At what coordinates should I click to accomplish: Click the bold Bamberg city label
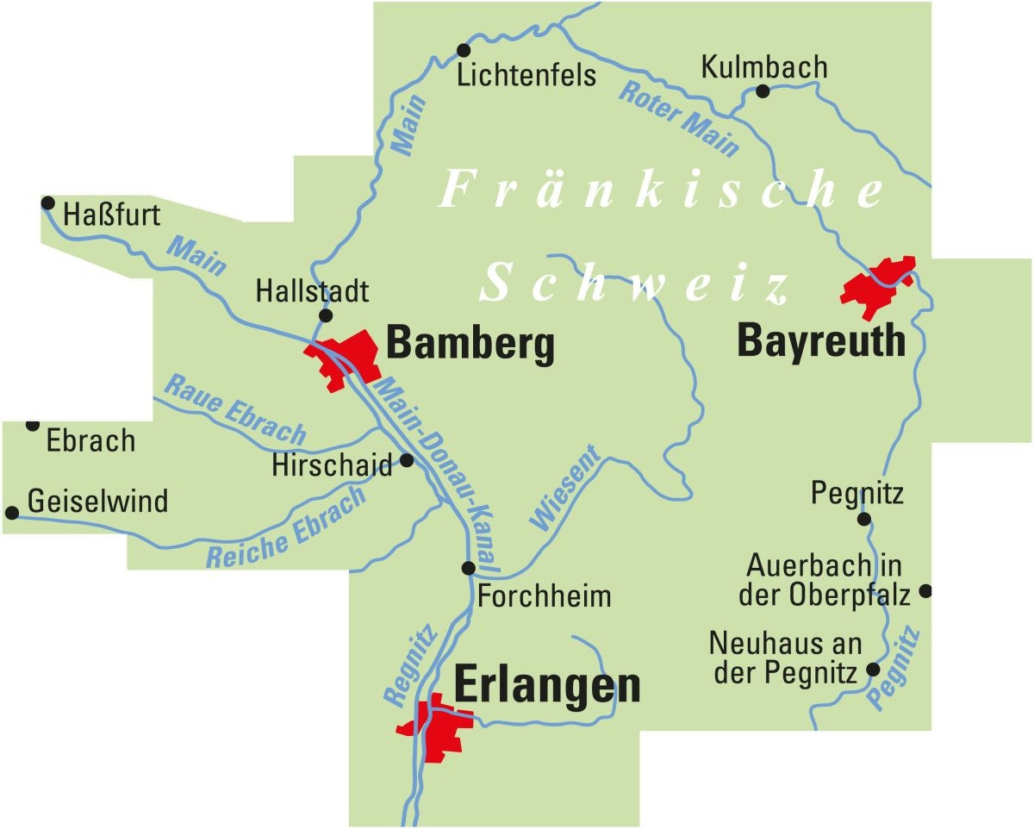[470, 345]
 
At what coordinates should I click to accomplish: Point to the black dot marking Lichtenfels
[464, 50]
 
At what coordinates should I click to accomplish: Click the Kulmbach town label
[763, 67]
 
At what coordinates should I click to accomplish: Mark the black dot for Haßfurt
[47, 203]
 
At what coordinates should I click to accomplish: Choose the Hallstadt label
[312, 291]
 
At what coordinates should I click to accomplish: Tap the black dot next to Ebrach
[33, 424]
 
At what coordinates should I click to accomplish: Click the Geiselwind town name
[97, 501]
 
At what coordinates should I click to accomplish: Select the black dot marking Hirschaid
[407, 460]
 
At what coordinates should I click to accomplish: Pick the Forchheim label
[544, 595]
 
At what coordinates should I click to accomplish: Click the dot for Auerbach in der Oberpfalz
[925, 591]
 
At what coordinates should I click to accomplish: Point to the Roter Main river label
[679, 118]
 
